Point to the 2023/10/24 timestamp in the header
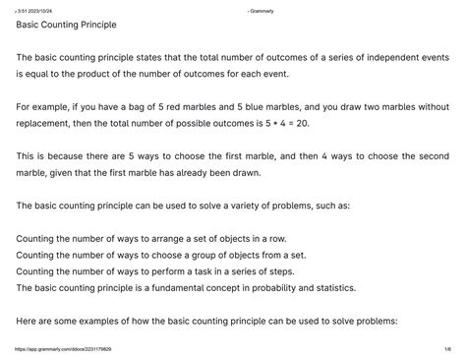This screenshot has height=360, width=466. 40,8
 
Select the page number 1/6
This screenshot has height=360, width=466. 446,349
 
